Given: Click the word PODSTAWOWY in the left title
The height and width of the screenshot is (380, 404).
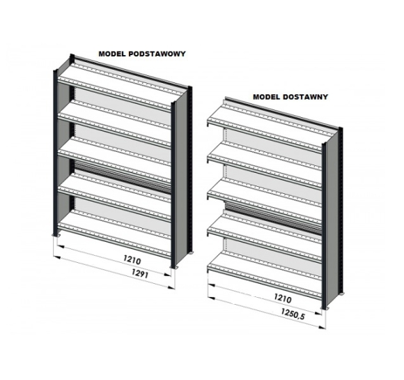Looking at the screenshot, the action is [x=157, y=54].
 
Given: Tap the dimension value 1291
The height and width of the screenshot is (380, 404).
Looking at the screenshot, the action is [x=140, y=273].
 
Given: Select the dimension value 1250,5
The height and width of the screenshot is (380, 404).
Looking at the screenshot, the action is [x=293, y=314].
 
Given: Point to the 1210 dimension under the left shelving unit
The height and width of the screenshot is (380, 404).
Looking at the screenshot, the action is [x=132, y=260].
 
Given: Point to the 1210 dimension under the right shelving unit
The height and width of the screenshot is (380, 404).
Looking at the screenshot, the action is [x=283, y=298].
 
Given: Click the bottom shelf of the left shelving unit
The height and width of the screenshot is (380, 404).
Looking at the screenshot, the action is [x=114, y=234].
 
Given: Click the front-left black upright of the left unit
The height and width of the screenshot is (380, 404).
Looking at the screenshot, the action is [x=55, y=152].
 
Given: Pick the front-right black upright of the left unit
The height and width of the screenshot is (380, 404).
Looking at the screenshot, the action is [x=173, y=185].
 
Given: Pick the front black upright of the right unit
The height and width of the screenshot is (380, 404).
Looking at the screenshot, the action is [x=324, y=226].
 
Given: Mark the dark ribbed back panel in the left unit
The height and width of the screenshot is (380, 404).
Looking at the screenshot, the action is [x=123, y=176].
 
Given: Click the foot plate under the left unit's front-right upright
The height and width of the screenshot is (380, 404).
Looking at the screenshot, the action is [x=173, y=267].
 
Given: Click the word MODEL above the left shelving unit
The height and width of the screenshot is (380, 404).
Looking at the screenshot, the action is [x=112, y=54].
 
